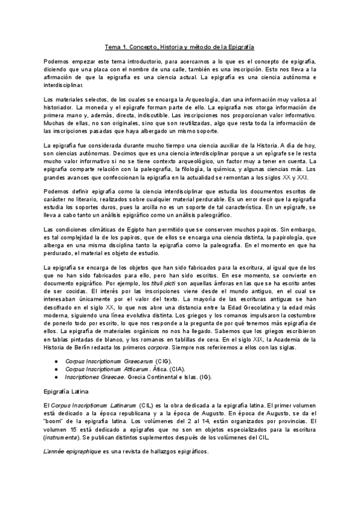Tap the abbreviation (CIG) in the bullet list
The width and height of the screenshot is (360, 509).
coord(163,361)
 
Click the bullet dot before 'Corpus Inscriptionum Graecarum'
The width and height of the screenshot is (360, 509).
coord(56,361)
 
